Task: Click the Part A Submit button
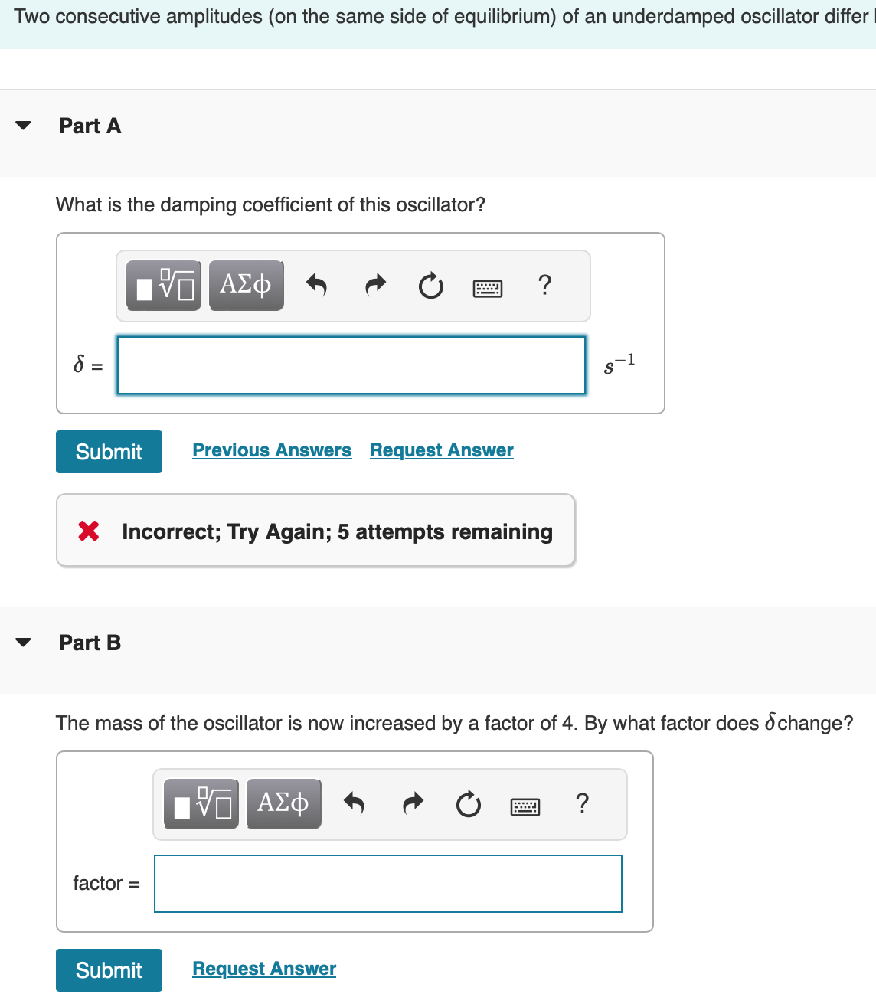click(x=109, y=452)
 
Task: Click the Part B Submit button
click(x=109, y=970)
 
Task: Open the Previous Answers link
click(x=272, y=450)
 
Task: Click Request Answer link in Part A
click(x=441, y=450)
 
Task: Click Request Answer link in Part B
click(x=264, y=969)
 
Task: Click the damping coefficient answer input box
click(x=351, y=365)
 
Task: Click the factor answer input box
click(x=388, y=884)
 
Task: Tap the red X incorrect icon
click(x=89, y=530)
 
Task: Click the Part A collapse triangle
click(x=24, y=126)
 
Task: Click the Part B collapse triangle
click(x=24, y=643)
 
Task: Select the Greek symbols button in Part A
click(x=246, y=285)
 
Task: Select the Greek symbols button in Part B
click(x=283, y=803)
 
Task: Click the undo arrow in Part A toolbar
click(x=316, y=285)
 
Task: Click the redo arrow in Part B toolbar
click(x=413, y=803)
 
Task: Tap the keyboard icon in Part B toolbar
click(x=525, y=806)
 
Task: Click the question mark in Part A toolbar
click(x=544, y=285)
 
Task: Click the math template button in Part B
click(x=201, y=804)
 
